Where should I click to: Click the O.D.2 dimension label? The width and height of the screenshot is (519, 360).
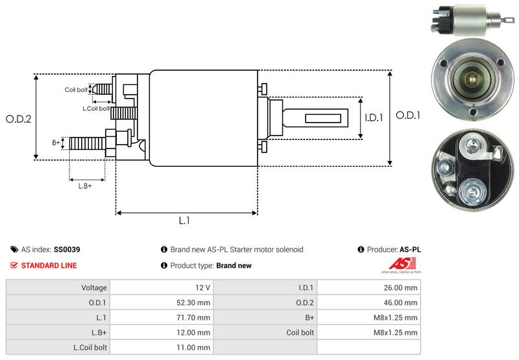pyautogui.click(x=19, y=119)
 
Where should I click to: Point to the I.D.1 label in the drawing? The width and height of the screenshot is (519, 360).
pyautogui.click(x=375, y=118)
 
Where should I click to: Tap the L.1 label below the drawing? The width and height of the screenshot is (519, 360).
pyautogui.click(x=184, y=221)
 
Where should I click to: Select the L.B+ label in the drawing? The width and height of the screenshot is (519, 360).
pyautogui.click(x=85, y=186)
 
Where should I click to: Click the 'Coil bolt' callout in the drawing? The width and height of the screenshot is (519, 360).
pyautogui.click(x=76, y=90)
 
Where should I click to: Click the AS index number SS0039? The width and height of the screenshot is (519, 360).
pyautogui.click(x=67, y=249)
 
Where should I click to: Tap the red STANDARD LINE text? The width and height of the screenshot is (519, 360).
pyautogui.click(x=49, y=265)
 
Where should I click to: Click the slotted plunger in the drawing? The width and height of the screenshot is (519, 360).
pyautogui.click(x=317, y=119)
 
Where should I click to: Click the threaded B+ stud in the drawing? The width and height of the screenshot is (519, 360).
pyautogui.click(x=87, y=143)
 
